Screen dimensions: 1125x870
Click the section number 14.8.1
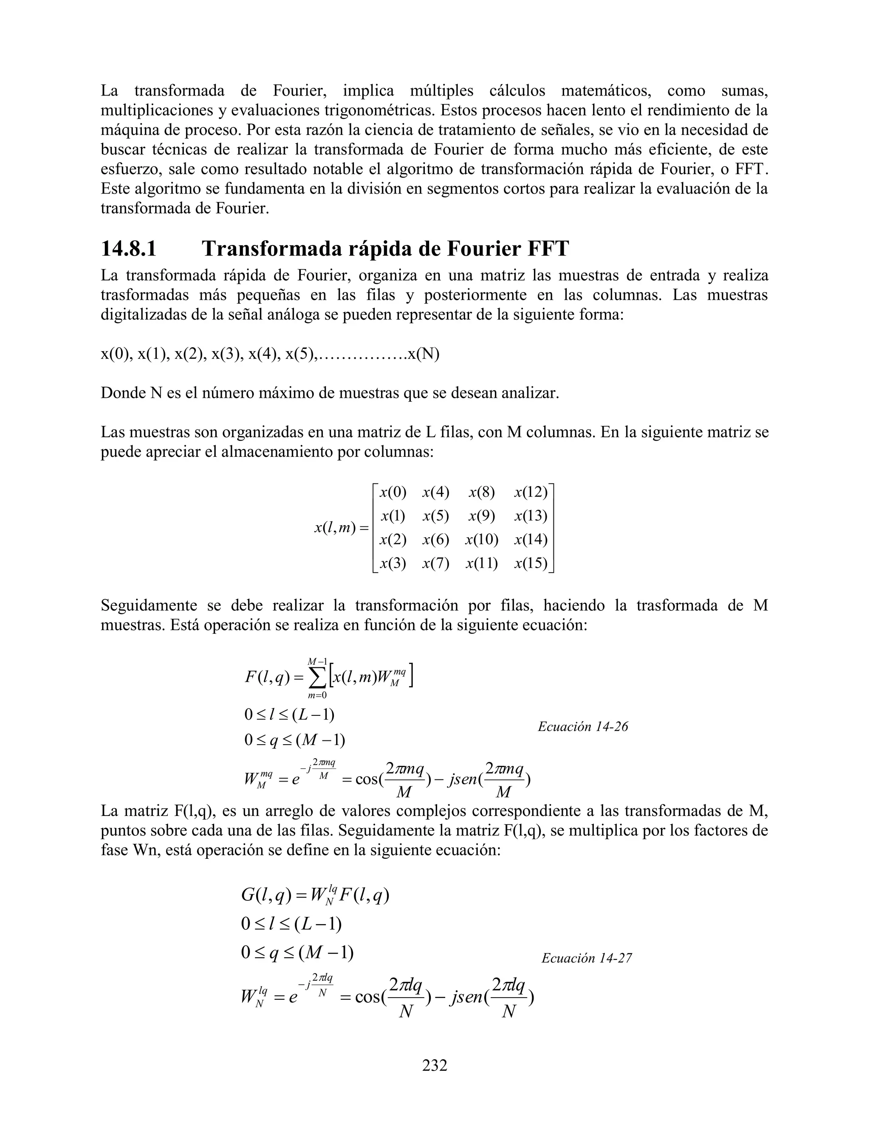[128, 249]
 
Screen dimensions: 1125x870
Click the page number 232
[435, 1065]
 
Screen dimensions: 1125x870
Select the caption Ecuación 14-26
[583, 727]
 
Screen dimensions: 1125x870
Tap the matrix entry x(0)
[393, 492]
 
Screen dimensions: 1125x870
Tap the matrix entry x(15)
[531, 563]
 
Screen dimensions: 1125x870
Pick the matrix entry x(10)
[481, 539]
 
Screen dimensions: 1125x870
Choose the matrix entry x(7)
[435, 563]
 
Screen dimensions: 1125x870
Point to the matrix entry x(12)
[531, 492]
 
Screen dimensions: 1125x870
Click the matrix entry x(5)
[435, 516]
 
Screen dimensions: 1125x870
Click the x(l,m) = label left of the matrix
[342, 527]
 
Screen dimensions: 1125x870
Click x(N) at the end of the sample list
[423, 354]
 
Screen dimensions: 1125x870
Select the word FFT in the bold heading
[547, 249]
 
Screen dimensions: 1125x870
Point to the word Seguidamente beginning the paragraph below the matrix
[148, 605]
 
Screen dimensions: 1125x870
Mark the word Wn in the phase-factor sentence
[142, 849]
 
